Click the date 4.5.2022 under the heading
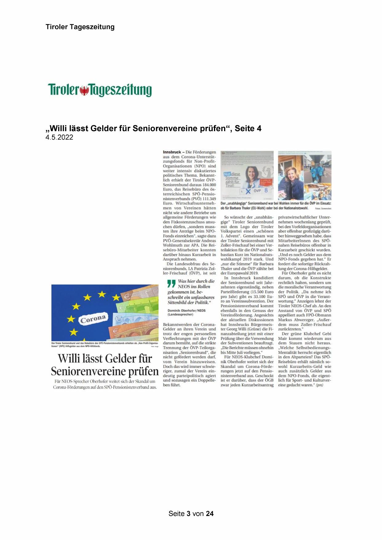tap(59, 137)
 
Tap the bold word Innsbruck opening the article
tap(172, 152)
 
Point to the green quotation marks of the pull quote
tap(171, 283)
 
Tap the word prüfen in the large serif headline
tap(143, 371)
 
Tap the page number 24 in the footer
tap(210, 514)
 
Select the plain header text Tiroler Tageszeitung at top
tap(80, 27)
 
